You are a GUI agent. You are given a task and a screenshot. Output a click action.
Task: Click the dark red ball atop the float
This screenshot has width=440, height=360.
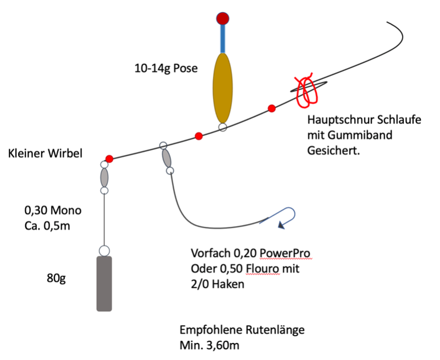[x=223, y=19]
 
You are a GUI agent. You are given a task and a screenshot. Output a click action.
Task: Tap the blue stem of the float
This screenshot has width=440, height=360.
[x=223, y=39]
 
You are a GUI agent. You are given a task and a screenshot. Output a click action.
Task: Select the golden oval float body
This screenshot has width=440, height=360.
[x=223, y=88]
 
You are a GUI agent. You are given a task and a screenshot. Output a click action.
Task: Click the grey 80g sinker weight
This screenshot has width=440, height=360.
[x=105, y=283]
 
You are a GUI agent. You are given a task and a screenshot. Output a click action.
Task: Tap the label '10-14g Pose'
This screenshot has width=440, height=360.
[x=166, y=68]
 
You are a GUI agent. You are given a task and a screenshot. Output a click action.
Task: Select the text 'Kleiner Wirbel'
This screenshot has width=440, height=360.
[x=45, y=154]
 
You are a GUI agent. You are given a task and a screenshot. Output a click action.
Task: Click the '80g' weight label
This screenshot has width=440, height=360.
[x=56, y=278]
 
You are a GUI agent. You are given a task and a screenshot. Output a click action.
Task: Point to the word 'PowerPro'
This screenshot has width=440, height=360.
[x=285, y=253]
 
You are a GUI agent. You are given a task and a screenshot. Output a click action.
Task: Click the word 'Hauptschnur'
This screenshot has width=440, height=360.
[x=340, y=119]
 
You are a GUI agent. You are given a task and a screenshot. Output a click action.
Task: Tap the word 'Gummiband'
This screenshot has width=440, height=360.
[x=360, y=135]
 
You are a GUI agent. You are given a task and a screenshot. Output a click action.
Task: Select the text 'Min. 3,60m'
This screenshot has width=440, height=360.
[x=210, y=345]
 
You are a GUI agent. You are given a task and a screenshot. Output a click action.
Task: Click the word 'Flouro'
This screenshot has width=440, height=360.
[x=263, y=269]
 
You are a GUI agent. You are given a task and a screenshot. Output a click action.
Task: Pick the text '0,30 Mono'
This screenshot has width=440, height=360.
[x=53, y=210]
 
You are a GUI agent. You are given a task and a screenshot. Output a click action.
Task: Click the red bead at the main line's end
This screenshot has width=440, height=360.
[x=109, y=159]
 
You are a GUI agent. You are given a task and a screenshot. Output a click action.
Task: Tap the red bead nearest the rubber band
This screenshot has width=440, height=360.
[x=271, y=108]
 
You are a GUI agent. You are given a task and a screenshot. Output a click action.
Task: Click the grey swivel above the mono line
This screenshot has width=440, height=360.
[x=105, y=177]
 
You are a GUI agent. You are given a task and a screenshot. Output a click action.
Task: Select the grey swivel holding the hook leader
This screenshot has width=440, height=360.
[x=167, y=159]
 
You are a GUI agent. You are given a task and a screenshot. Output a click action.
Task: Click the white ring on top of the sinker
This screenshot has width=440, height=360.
[x=105, y=251]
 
